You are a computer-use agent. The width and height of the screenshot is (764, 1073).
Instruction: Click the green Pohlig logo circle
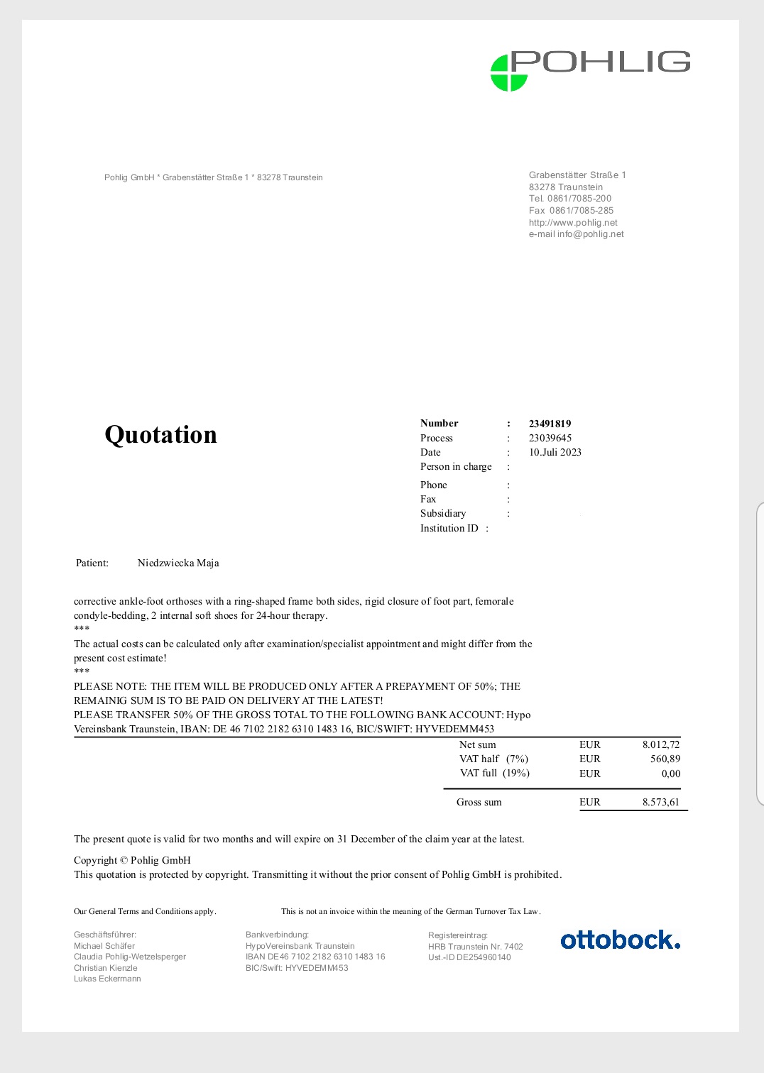point(508,73)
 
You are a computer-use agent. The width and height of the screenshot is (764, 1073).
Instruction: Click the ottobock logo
point(620,940)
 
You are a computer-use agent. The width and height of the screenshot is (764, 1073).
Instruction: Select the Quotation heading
point(160,434)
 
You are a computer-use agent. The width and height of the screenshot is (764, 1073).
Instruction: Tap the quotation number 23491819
point(550,424)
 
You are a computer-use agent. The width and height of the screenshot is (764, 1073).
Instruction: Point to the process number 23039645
point(550,438)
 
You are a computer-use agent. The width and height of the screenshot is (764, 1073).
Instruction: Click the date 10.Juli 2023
point(555,452)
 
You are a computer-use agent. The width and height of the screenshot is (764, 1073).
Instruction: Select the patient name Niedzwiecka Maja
point(178,563)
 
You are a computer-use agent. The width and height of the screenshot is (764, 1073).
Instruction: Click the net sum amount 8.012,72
point(660,744)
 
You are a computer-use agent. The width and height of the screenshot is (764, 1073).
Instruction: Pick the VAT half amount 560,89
point(665,759)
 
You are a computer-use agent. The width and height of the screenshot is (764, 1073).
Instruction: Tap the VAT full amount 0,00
point(670,774)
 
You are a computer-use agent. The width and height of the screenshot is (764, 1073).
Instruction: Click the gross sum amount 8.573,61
point(660,802)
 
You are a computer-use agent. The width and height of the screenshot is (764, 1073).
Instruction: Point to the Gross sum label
point(479,802)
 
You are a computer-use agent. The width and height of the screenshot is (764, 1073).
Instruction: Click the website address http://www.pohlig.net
point(573,222)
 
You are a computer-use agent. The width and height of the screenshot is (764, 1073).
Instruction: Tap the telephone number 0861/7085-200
point(579,199)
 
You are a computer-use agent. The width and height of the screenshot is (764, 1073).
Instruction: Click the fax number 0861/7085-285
point(581,211)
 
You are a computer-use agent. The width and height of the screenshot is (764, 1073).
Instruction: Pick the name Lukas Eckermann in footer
point(107,979)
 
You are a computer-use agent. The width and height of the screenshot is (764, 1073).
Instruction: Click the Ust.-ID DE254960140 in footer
point(469,957)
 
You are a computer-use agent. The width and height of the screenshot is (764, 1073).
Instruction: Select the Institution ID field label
point(449,528)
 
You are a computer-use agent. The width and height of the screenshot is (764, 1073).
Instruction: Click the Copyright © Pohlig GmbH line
point(132,860)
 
